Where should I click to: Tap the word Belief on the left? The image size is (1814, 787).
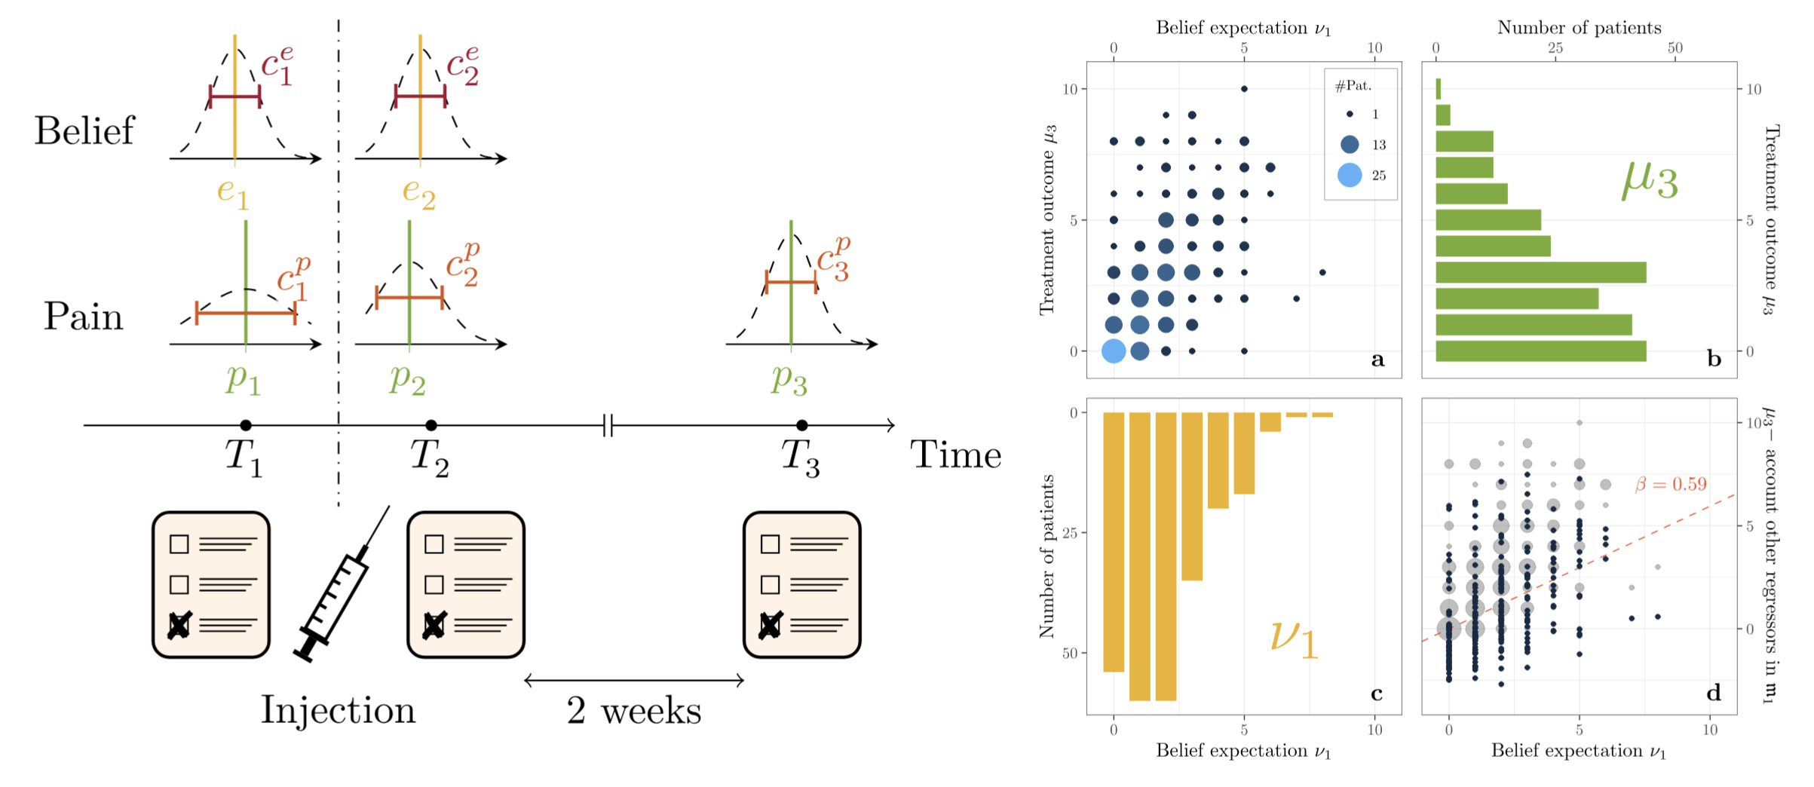tap(84, 131)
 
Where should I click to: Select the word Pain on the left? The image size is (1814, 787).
tap(83, 317)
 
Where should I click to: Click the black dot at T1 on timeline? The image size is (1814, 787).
tap(246, 425)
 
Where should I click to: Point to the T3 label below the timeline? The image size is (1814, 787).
tap(800, 458)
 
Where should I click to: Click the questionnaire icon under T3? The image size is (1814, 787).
tap(801, 585)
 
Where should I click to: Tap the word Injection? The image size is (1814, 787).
tap(338, 711)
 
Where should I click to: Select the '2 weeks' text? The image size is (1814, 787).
tap(633, 711)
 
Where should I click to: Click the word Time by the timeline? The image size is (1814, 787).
tap(955, 455)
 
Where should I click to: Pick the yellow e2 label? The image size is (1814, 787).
tap(419, 192)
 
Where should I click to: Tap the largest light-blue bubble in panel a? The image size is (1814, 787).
tap(1114, 351)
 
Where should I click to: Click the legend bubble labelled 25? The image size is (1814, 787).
tap(1350, 175)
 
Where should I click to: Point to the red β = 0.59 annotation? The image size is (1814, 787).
tap(1671, 485)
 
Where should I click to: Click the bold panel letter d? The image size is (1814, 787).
tap(1714, 693)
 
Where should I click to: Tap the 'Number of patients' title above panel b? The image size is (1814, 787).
tap(1579, 28)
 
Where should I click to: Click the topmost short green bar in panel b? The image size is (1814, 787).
tap(1439, 89)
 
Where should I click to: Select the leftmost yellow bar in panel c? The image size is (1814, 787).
tap(1114, 541)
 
